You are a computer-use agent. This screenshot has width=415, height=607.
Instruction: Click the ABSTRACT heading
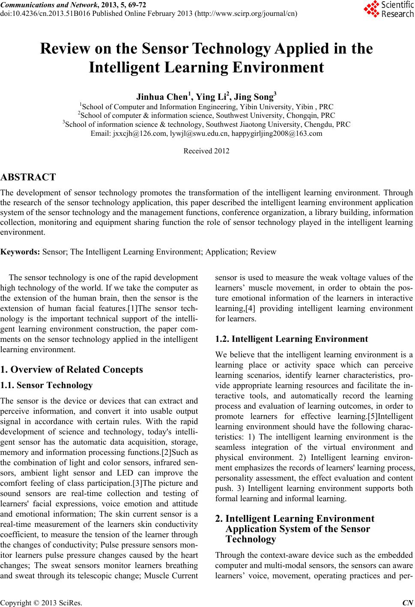point(28,177)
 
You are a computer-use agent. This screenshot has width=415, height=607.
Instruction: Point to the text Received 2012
point(206,151)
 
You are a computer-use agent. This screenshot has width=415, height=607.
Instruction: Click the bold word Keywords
point(20,251)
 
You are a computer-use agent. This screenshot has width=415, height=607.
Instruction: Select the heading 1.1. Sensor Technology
point(47,385)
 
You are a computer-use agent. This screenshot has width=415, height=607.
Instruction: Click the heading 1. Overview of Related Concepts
point(72,369)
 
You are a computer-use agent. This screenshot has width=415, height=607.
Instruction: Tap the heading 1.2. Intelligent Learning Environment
point(292,339)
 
